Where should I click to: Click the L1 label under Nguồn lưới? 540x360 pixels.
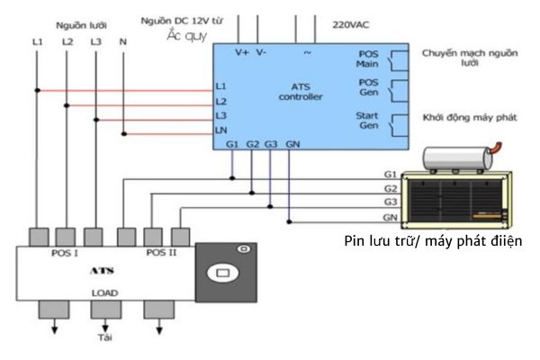coord(37,41)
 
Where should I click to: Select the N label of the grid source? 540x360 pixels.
coord(122,41)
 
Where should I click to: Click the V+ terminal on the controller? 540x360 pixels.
coord(242,53)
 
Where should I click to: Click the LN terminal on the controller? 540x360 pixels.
coord(220,131)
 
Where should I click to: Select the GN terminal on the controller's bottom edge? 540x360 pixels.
coord(293,144)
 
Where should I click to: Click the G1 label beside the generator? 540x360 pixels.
coord(390,173)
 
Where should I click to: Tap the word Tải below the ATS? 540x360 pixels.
coord(104,338)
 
